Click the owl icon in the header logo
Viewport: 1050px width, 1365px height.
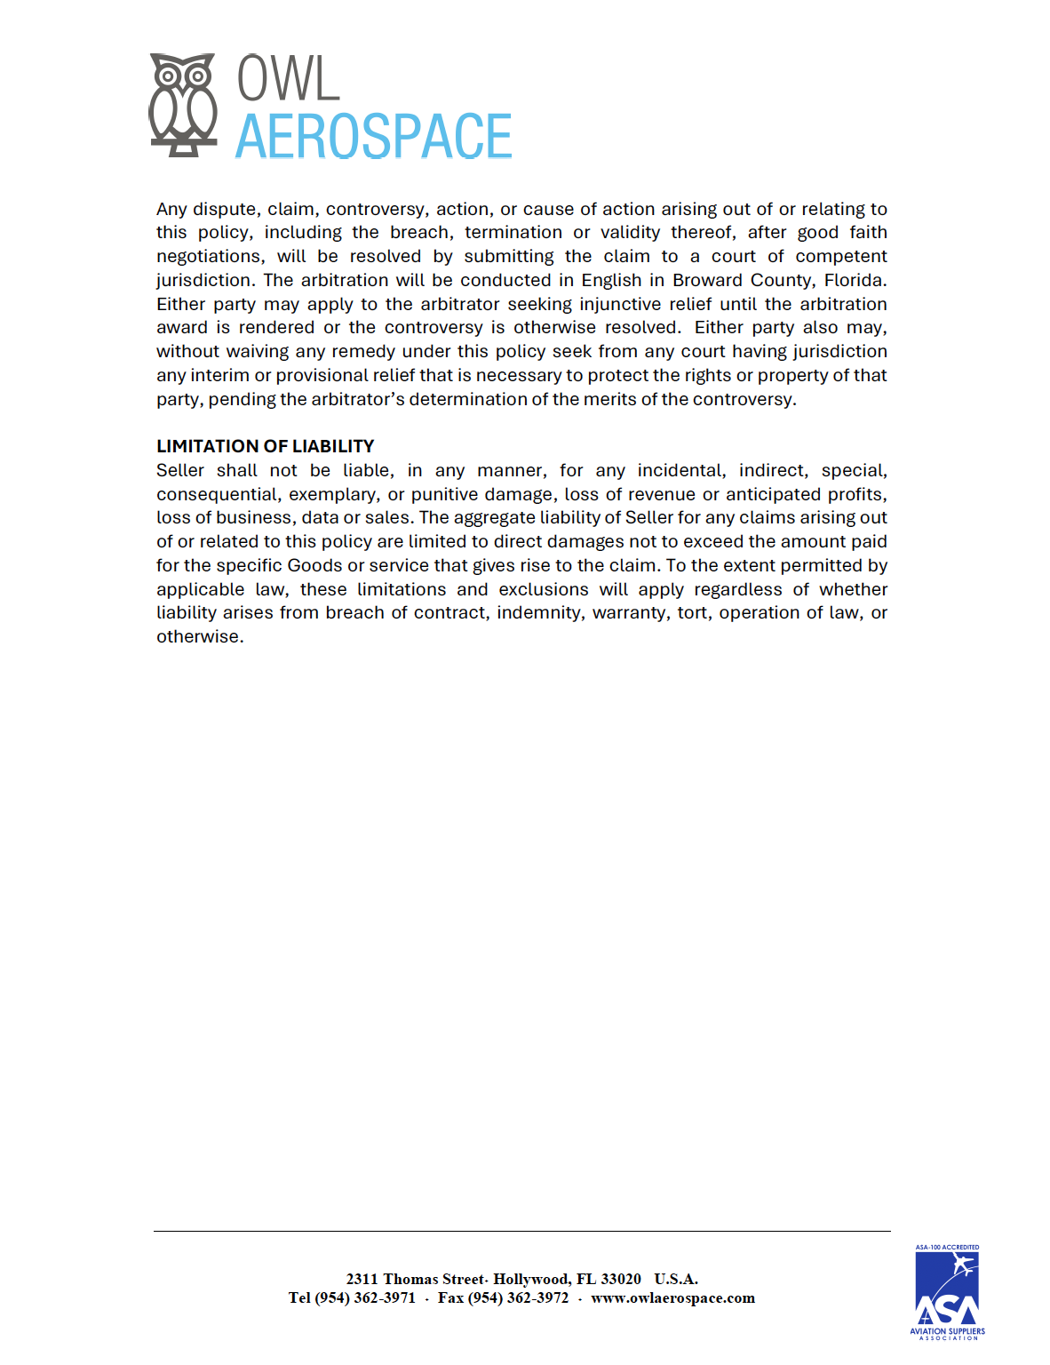click(x=183, y=105)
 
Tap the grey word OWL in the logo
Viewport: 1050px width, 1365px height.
click(x=288, y=79)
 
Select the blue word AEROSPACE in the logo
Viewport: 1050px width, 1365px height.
click(x=373, y=137)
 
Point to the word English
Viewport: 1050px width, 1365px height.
click(x=611, y=280)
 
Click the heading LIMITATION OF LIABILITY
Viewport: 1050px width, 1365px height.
click(x=265, y=446)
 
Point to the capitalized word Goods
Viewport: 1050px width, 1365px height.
click(x=314, y=566)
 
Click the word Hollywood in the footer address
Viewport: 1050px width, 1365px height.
click(x=531, y=1280)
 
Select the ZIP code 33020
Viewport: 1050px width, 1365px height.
click(x=621, y=1280)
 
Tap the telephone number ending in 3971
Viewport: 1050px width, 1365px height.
click(x=365, y=1298)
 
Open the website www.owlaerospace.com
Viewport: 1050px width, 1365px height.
click(x=672, y=1298)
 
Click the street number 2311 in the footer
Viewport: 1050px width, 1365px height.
click(x=362, y=1280)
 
